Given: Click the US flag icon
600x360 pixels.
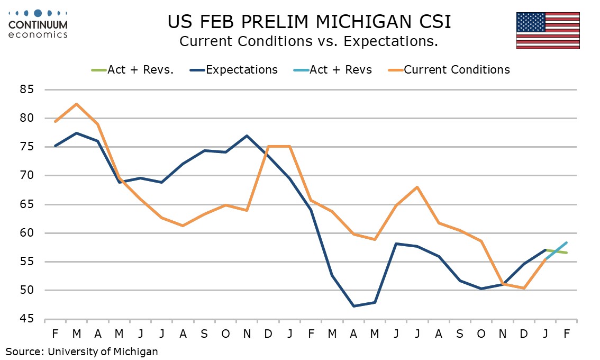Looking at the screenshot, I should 548,30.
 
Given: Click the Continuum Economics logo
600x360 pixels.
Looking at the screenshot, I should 38,23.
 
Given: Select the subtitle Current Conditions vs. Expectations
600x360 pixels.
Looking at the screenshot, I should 308,41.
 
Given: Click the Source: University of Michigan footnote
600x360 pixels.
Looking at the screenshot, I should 82,350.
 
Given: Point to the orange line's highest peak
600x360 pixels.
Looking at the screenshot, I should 77,104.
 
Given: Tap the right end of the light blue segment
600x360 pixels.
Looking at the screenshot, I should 567,242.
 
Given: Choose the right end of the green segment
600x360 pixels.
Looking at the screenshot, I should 567,253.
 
